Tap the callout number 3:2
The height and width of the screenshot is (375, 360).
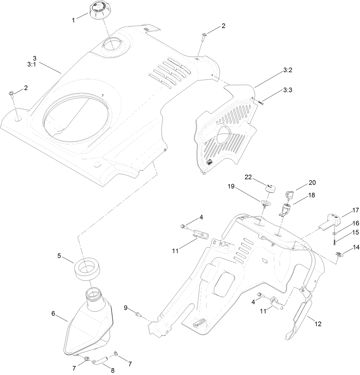(288, 70)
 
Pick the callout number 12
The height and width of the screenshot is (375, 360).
(318, 324)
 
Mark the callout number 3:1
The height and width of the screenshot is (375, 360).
(31, 65)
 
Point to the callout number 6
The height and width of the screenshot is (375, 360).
(53, 313)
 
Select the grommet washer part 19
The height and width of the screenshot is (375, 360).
(266, 203)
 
